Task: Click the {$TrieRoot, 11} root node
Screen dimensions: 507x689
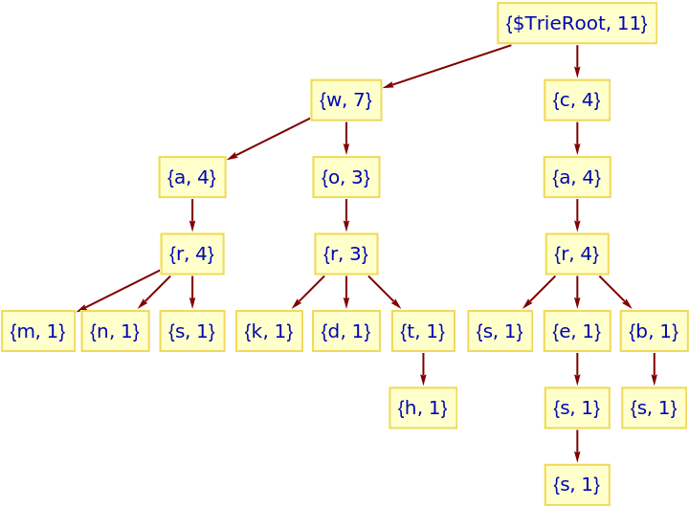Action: click(x=576, y=23)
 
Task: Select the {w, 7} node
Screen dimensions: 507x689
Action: click(x=345, y=99)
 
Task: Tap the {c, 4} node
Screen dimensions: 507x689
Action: click(x=576, y=99)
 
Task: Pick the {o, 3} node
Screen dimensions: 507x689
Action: click(x=345, y=177)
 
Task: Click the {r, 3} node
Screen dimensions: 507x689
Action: click(x=345, y=253)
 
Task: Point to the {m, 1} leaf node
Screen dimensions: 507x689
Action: click(x=38, y=331)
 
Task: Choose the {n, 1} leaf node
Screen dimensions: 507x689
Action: click(x=115, y=331)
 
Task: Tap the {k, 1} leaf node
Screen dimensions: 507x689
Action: click(x=269, y=331)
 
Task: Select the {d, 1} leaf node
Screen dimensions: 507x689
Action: click(x=345, y=331)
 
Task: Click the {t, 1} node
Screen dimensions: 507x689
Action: click(x=423, y=331)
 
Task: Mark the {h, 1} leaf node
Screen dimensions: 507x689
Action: click(x=423, y=408)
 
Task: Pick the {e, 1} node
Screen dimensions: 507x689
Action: click(x=576, y=331)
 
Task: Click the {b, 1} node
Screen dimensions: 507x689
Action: click(x=654, y=331)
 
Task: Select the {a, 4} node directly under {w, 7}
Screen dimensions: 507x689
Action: click(x=192, y=177)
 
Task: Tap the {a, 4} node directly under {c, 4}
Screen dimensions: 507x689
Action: click(x=576, y=177)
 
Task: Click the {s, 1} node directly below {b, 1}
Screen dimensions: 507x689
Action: click(x=654, y=408)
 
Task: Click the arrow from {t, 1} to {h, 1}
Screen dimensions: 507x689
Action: click(x=423, y=369)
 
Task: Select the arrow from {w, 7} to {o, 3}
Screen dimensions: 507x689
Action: click(x=345, y=139)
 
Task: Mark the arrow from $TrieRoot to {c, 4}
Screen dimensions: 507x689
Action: click(x=576, y=61)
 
